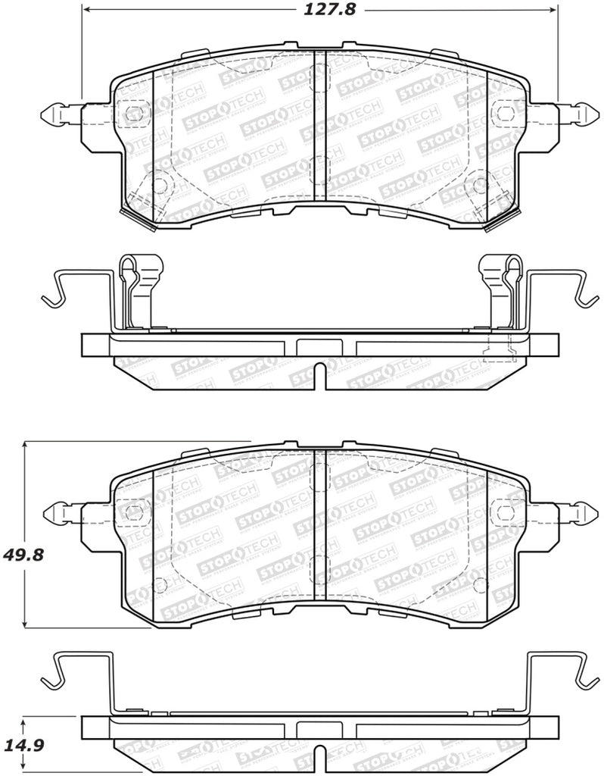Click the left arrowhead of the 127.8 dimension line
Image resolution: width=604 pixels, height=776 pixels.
pyautogui.click(x=86, y=11)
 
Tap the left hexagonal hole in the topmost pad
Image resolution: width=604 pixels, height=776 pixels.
pyautogui.click(x=133, y=114)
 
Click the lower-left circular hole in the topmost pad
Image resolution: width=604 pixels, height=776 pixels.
pyautogui.click(x=160, y=183)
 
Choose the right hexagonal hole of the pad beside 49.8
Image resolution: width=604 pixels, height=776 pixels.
pyautogui.click(x=502, y=512)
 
